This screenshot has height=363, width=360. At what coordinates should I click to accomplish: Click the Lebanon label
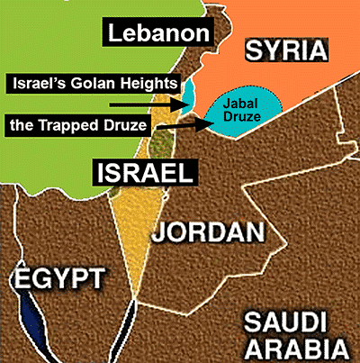coord(160,35)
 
